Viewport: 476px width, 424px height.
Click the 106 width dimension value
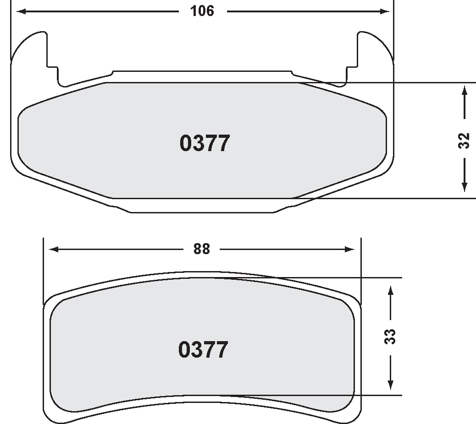click(202, 11)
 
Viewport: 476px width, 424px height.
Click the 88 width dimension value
click(201, 249)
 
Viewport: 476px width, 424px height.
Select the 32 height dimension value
click(465, 140)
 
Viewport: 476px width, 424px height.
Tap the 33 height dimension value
click(390, 337)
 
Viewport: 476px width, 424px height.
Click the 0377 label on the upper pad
click(204, 143)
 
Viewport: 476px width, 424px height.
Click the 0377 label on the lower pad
click(203, 350)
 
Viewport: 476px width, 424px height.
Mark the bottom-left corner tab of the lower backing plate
click(53, 414)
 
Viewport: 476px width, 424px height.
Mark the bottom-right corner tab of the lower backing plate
click(352, 414)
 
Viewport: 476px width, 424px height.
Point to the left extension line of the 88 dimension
click(43, 270)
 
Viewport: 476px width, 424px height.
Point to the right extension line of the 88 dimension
click(361, 270)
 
